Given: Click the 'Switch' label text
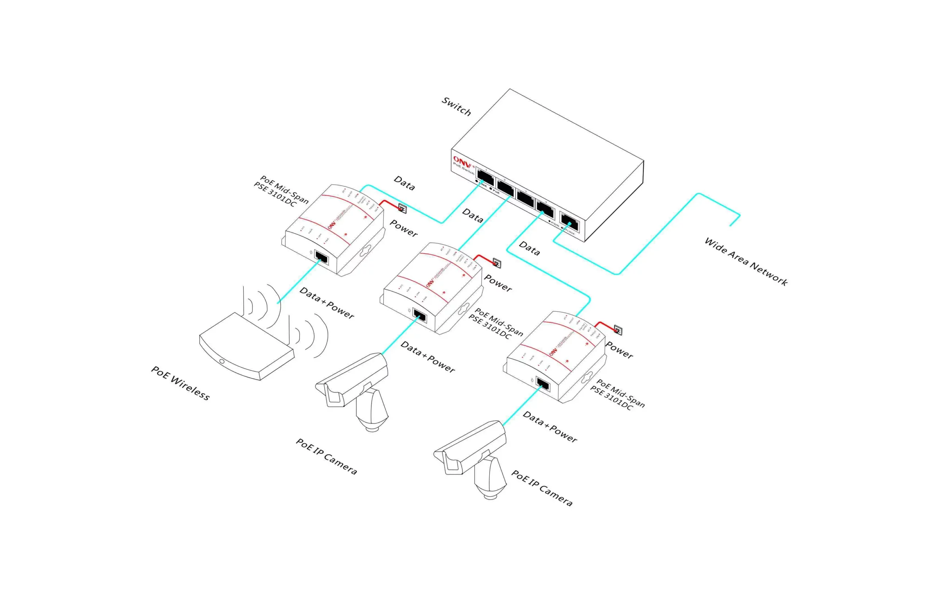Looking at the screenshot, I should (456, 107).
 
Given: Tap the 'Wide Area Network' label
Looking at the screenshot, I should (745, 262).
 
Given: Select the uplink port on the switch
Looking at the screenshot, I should (570, 223).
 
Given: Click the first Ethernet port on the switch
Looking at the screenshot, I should (486, 177).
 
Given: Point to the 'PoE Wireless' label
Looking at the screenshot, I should (180, 383).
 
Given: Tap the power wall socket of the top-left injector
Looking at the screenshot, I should (403, 209).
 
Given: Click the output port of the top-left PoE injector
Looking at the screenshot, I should (321, 257).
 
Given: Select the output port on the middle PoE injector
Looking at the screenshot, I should (419, 316).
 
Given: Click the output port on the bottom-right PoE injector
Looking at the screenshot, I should (543, 384).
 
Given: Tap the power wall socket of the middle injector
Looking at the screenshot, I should (497, 263).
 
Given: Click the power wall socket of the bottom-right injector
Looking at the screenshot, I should (618, 330).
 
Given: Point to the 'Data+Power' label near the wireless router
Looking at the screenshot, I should (327, 303).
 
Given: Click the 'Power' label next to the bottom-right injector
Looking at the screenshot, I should (619, 350).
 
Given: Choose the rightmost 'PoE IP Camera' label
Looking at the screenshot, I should (541, 488).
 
